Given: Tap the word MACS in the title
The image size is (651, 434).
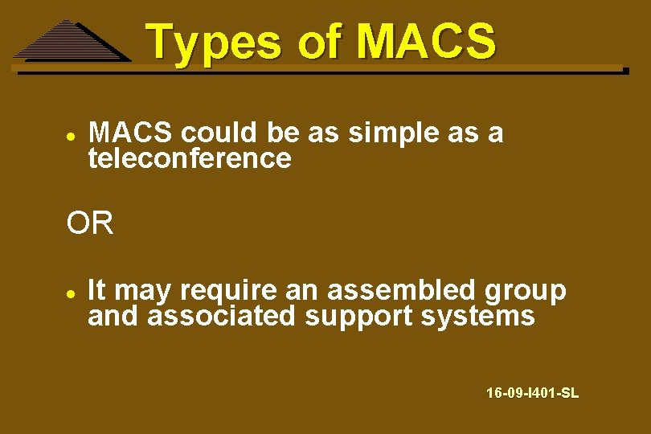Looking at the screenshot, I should click(426, 42).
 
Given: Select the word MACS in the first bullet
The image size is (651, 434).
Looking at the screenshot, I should click(131, 133).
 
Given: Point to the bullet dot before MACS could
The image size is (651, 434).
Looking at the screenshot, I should click(71, 135).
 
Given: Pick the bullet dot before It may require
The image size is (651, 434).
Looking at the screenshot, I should click(71, 292).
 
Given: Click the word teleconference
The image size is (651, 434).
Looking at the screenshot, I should click(190, 158).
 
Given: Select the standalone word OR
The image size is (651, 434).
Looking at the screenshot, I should click(90, 224).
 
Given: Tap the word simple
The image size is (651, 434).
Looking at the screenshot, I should click(393, 133).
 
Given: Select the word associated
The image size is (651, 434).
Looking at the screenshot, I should click(221, 316).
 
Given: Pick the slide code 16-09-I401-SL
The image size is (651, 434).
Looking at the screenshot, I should click(532, 393).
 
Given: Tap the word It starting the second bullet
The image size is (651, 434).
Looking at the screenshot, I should click(97, 289).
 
